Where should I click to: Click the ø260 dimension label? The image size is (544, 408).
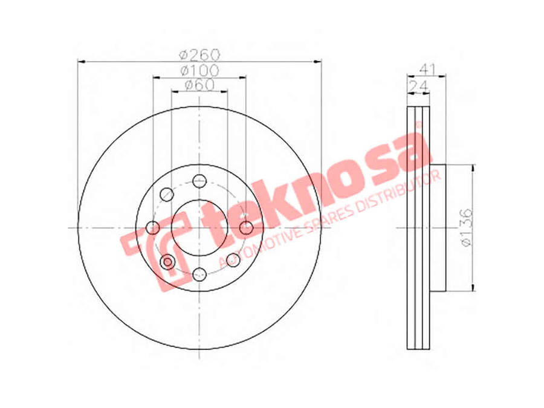[x=199, y=54]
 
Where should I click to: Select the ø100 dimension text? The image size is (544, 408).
[x=200, y=71]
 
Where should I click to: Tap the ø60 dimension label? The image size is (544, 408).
[x=199, y=85]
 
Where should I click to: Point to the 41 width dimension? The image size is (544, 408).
[x=427, y=69]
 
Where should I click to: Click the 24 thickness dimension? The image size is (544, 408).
[x=417, y=86]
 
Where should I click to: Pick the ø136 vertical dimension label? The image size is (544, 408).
[x=466, y=228]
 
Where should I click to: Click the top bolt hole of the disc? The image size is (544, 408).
[x=199, y=181]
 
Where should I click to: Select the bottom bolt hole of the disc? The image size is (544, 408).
[x=199, y=274]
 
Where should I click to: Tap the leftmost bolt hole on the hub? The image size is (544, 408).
[x=153, y=228]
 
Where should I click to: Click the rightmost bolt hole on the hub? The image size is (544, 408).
[x=247, y=228]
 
